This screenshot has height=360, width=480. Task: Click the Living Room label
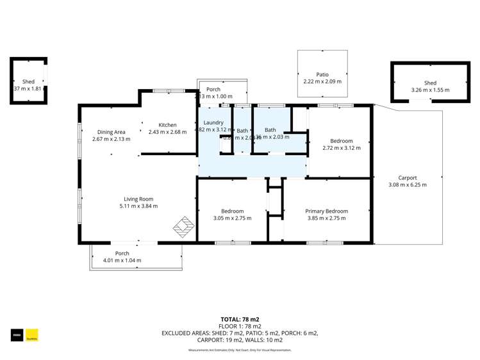[x=138, y=199]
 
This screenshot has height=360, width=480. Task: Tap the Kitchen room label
[x=167, y=125]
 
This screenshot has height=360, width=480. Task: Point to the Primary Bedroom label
[x=326, y=211]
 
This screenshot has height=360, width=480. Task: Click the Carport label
[x=407, y=178]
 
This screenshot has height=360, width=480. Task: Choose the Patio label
[x=322, y=74]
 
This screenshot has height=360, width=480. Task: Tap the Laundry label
[x=213, y=122]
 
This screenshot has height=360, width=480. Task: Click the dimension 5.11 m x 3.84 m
[x=138, y=206]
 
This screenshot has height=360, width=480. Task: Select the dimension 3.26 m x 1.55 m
[x=430, y=90]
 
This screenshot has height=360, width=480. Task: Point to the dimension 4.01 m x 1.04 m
[x=122, y=261]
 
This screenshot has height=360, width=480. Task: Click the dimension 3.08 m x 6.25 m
[x=407, y=185]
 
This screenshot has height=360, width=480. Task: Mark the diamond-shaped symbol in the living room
[x=183, y=227]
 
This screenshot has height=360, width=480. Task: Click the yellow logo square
[x=32, y=334]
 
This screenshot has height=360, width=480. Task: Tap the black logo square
[x=17, y=334]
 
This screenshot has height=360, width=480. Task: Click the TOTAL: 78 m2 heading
[x=240, y=319]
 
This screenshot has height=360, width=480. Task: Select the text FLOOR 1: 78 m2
[x=240, y=326]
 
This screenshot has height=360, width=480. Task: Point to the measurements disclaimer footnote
[x=240, y=350]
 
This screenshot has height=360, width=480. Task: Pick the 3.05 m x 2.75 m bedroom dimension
[x=232, y=218]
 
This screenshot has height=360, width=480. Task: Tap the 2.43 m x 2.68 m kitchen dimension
[x=167, y=132]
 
